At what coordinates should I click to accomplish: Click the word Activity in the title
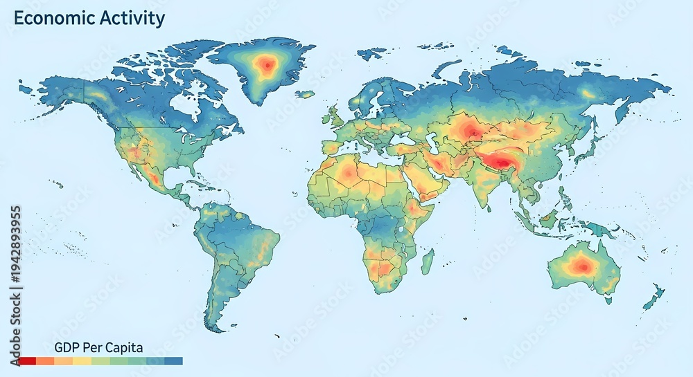[x=131, y=19]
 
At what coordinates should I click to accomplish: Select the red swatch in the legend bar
[x=27, y=360]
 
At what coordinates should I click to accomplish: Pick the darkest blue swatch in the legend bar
[x=174, y=360]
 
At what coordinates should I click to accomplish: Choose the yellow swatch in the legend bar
[x=82, y=360]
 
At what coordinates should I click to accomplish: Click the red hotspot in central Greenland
[x=265, y=66]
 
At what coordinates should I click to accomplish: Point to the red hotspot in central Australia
[x=579, y=265]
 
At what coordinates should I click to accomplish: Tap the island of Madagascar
[x=428, y=261]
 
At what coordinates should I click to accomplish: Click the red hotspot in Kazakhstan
[x=473, y=130]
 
